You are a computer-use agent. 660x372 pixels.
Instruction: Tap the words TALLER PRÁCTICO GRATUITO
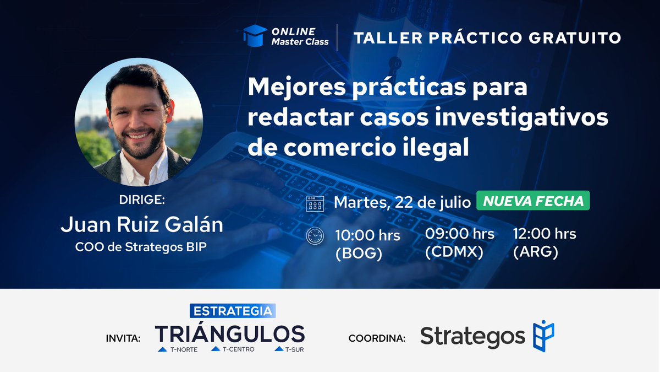pos(487,38)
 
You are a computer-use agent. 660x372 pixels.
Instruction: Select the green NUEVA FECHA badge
pos(533,201)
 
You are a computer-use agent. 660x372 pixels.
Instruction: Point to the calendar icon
pos(315,203)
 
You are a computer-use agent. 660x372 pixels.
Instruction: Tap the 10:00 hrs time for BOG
pos(367,235)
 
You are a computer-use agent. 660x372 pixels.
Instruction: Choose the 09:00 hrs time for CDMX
pos(459,234)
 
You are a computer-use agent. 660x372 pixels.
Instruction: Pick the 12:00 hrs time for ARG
pos(544,234)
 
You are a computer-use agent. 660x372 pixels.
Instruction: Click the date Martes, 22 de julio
pos(402,202)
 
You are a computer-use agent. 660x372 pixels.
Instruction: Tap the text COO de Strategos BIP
pos(141,247)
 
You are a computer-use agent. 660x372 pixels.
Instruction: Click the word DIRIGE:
pos(141,200)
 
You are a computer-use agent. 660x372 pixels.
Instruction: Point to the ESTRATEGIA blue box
pos(232,311)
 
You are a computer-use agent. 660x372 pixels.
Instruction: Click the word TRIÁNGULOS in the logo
pos(230,333)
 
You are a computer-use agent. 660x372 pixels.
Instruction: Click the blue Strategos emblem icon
pos(543,336)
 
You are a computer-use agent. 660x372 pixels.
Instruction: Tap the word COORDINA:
pos(377,338)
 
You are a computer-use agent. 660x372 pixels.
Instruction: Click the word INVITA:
pos(123,338)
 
